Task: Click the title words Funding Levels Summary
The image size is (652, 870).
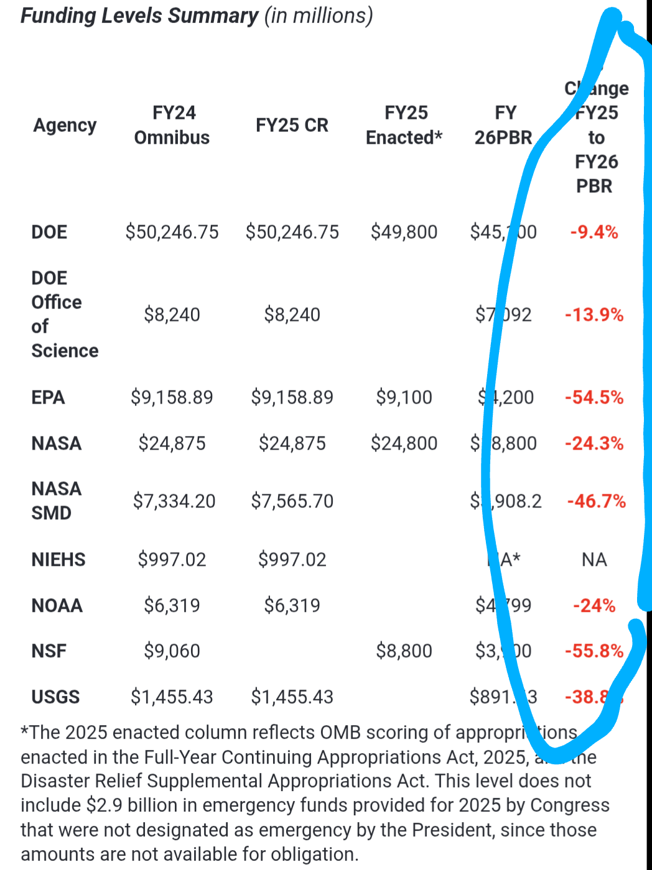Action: click(139, 16)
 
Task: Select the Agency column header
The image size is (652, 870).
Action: click(65, 125)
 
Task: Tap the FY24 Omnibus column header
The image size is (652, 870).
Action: click(172, 125)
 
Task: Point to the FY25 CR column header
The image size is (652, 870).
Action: click(292, 125)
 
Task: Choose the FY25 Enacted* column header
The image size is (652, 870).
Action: click(404, 125)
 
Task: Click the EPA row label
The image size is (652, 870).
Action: click(48, 397)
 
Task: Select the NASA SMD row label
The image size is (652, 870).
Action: click(56, 501)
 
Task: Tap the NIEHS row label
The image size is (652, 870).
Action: click(58, 560)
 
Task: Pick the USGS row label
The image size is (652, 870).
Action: click(55, 697)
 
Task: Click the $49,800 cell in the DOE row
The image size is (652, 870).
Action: click(404, 233)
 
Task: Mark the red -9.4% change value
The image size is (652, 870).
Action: click(594, 233)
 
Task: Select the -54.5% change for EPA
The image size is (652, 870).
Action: click(594, 397)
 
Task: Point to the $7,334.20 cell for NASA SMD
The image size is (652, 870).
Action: click(174, 501)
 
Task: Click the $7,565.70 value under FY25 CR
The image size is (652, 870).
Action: click(292, 501)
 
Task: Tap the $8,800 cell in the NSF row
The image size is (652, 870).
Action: click(404, 651)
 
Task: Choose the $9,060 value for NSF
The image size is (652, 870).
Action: click(172, 651)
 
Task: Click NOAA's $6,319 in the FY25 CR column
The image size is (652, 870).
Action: click(292, 606)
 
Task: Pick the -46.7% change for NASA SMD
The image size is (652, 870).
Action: click(596, 501)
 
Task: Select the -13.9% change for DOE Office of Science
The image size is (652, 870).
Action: click(594, 315)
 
